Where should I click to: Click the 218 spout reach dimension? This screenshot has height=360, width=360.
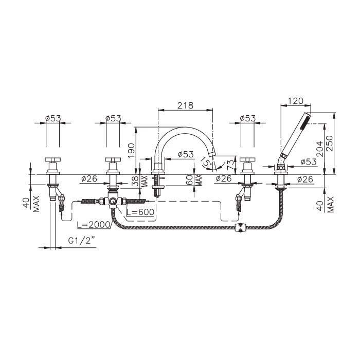pyautogui.click(x=185, y=105)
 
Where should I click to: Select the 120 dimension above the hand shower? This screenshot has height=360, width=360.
pyautogui.click(x=296, y=101)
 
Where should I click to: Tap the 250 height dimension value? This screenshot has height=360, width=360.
pyautogui.click(x=329, y=143)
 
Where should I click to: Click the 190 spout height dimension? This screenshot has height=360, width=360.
pyautogui.click(x=131, y=150)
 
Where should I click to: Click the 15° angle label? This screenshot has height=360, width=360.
pyautogui.click(x=206, y=161)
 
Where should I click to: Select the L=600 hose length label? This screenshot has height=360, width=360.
pyautogui.click(x=140, y=212)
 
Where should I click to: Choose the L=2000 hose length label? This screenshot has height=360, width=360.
pyautogui.click(x=94, y=225)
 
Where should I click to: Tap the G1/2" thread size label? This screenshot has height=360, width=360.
pyautogui.click(x=81, y=241)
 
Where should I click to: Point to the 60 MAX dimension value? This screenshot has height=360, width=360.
pyautogui.click(x=194, y=180)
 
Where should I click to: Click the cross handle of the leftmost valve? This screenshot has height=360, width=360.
pyautogui.click(x=53, y=159)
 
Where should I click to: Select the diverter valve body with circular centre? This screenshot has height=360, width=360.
pyautogui.click(x=113, y=202)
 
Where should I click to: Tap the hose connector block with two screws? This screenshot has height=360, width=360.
pyautogui.click(x=240, y=227)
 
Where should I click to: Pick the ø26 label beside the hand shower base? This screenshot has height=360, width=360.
pyautogui.click(x=305, y=179)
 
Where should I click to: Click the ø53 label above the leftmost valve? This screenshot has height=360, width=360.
pyautogui.click(x=53, y=118)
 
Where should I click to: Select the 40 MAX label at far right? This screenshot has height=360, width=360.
pyautogui.click(x=327, y=204)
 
